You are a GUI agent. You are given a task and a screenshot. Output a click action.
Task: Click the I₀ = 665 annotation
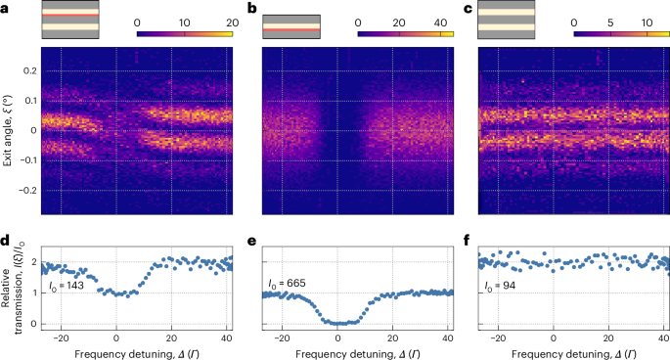click(x=289, y=285)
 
